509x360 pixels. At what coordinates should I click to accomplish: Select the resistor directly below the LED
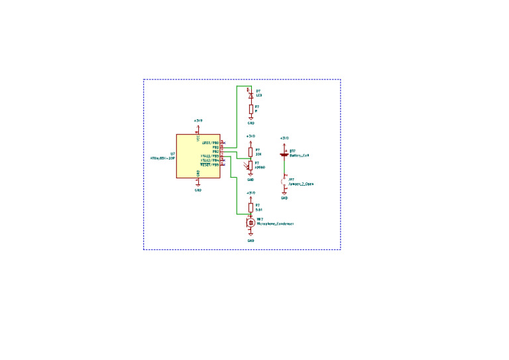click(251, 109)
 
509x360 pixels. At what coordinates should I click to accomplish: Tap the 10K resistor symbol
click(251, 152)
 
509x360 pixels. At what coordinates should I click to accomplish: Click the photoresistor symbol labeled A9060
click(251, 165)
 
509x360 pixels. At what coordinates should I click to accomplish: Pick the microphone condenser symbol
click(251, 223)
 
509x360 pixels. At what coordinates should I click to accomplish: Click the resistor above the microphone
click(251, 207)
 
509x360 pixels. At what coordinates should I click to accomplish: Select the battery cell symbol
click(284, 154)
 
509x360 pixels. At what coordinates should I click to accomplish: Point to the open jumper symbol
click(284, 180)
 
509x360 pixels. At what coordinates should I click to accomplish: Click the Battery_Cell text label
click(300, 155)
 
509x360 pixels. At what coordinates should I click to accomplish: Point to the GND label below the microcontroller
click(198, 190)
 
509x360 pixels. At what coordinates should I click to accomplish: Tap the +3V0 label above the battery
click(284, 138)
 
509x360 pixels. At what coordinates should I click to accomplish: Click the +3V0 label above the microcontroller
click(198, 121)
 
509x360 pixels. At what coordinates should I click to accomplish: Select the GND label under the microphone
click(251, 240)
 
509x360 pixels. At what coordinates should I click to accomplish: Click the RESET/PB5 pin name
click(209, 164)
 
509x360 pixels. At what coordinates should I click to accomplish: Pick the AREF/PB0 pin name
click(210, 143)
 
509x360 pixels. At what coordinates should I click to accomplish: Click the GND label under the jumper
click(284, 198)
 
